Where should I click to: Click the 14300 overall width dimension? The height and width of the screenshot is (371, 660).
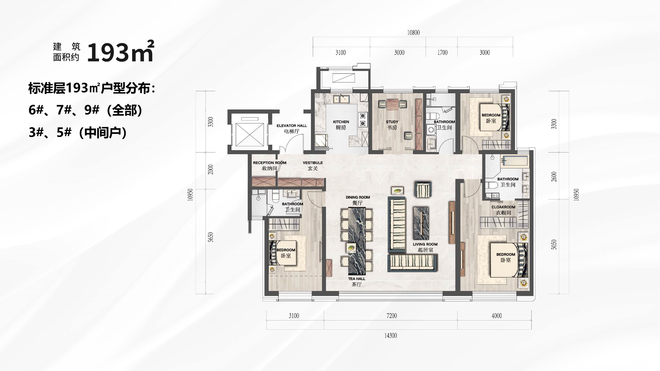click(391, 335)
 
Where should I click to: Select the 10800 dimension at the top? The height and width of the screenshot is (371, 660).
click(413, 32)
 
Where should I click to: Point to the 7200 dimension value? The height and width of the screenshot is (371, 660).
click(392, 316)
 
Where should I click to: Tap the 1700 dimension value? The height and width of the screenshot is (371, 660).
click(443, 52)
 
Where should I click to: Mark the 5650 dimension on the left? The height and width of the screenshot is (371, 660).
click(211, 237)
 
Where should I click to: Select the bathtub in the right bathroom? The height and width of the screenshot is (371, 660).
click(514, 161)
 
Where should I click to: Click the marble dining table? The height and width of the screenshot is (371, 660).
click(356, 241)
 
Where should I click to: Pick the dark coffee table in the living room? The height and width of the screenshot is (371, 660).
click(421, 223)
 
